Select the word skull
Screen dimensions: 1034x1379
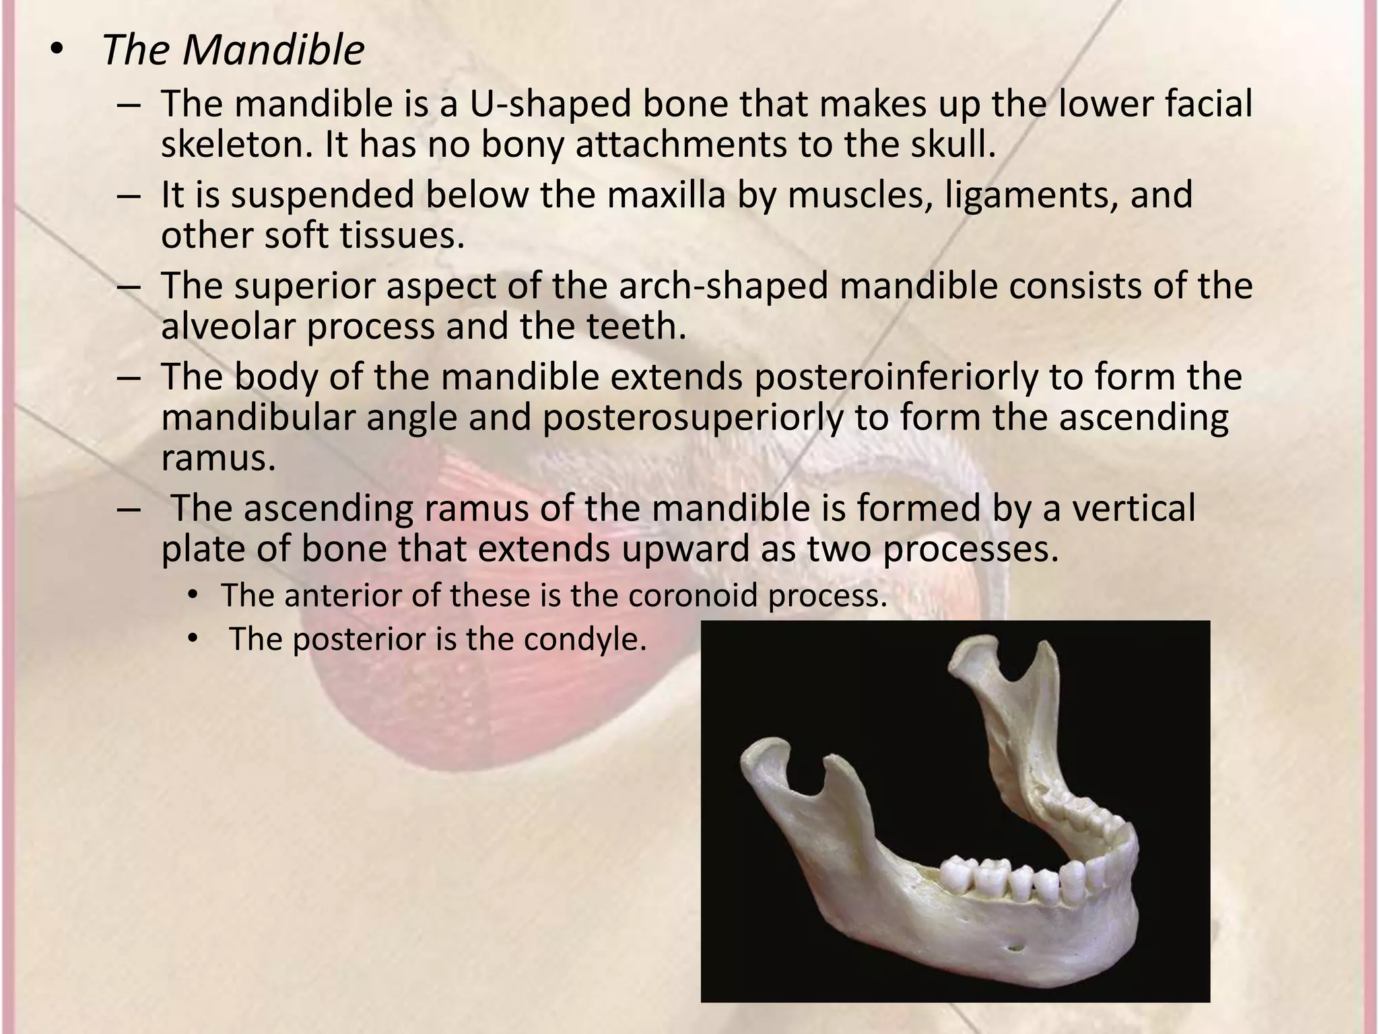pos(953,145)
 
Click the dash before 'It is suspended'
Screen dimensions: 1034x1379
pos(128,195)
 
